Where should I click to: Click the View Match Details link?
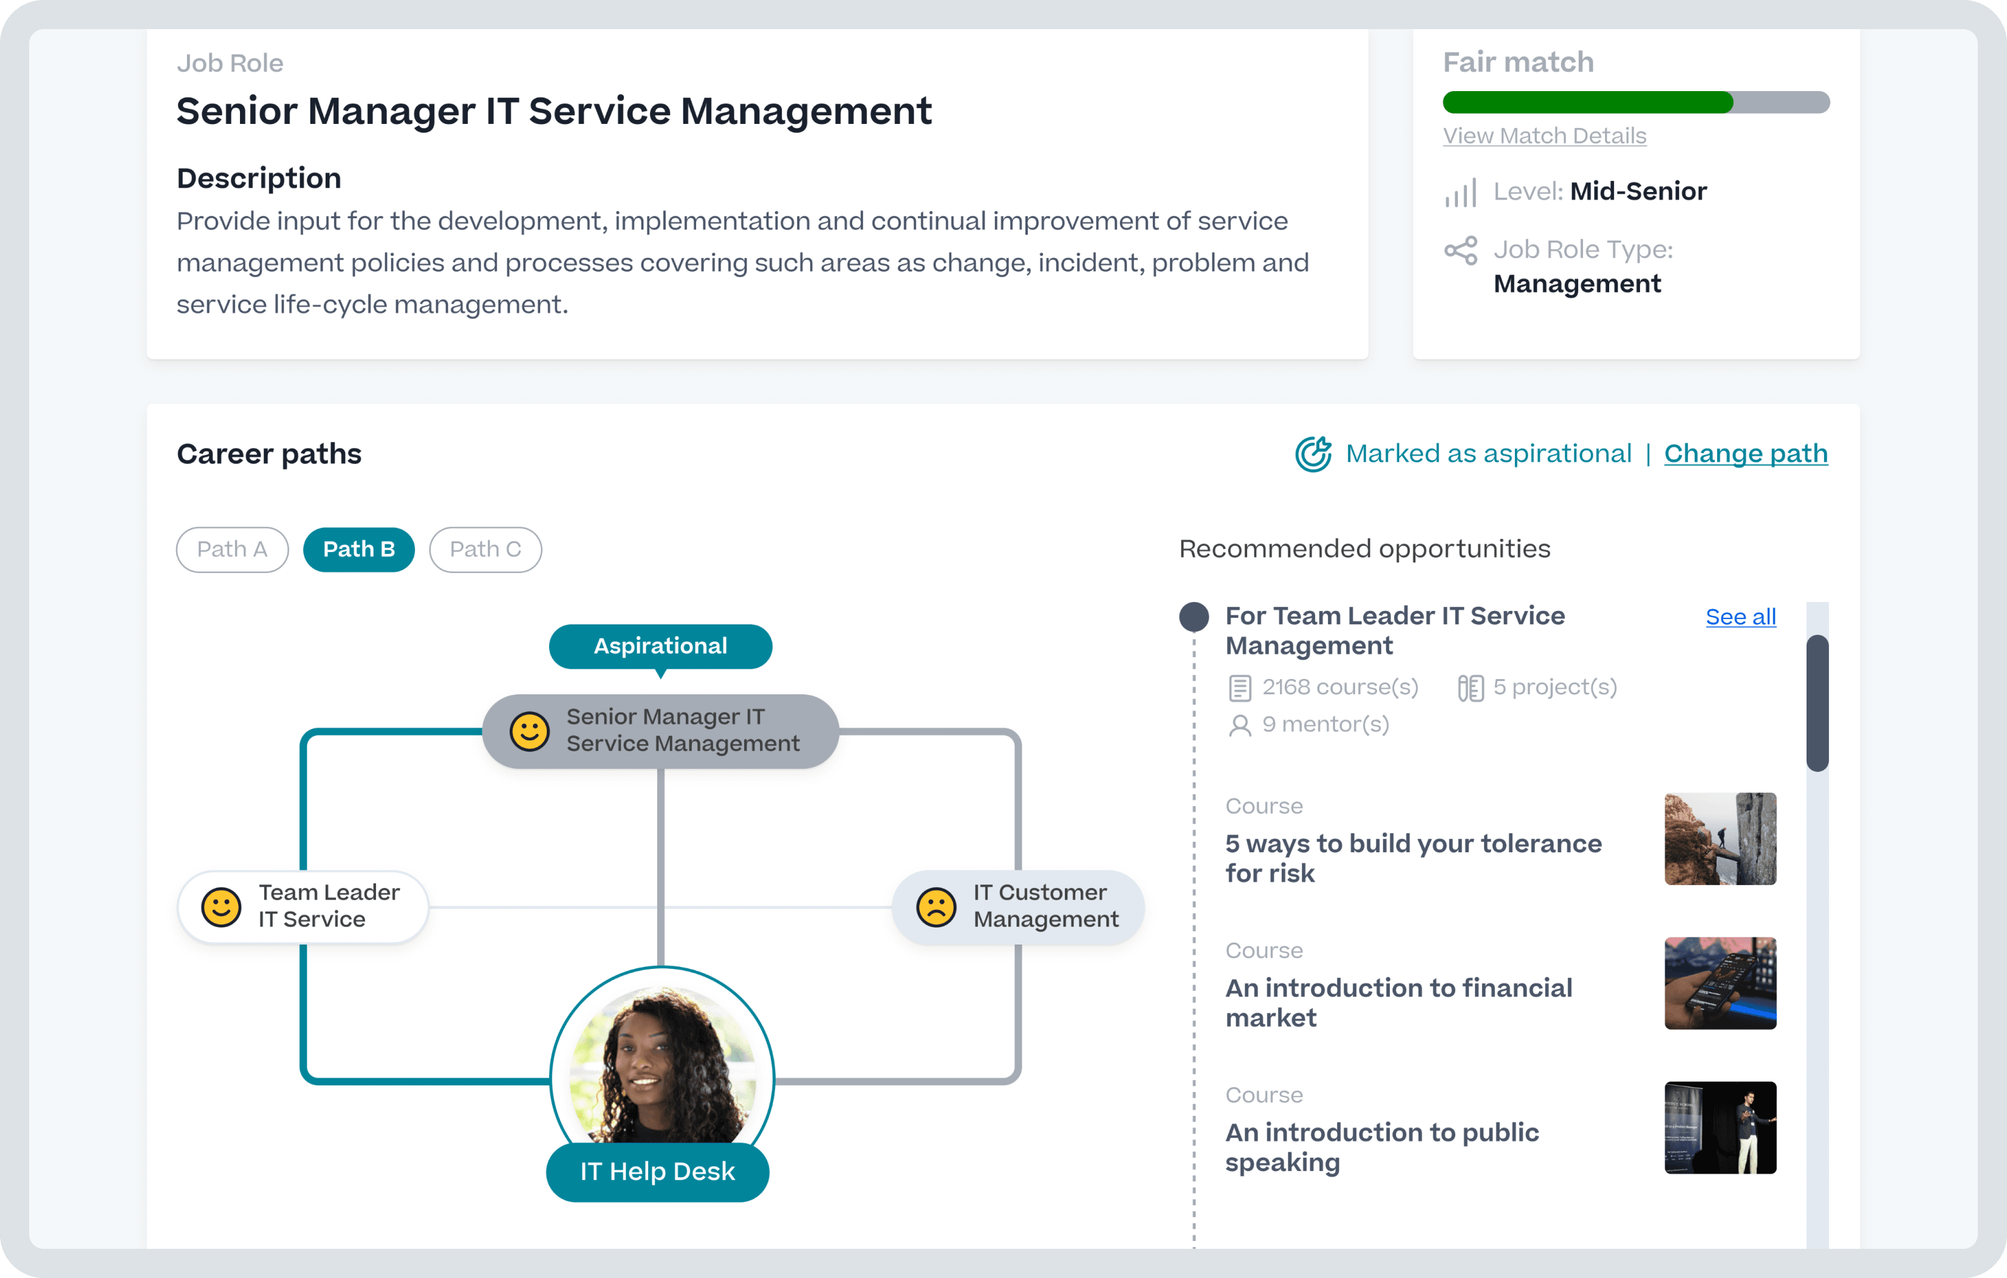tap(1544, 136)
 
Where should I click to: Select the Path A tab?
tap(231, 549)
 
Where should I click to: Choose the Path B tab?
tap(359, 549)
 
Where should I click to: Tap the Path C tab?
tap(485, 549)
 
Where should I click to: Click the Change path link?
tap(1745, 454)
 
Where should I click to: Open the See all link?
tap(1740, 617)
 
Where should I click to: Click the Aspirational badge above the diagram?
tap(660, 646)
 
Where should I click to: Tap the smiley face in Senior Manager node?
tap(529, 731)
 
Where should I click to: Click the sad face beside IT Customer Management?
tap(936, 907)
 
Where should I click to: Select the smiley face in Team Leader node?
tap(221, 907)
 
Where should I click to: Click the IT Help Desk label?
tap(658, 1171)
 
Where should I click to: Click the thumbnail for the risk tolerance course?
tap(1720, 839)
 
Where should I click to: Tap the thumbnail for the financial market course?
tap(1720, 983)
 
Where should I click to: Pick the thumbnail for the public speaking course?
tap(1720, 1127)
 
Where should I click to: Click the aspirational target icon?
tap(1313, 454)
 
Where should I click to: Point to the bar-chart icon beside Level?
tap(1460, 193)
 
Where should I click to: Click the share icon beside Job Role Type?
tap(1460, 250)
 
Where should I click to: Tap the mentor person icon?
tap(1239, 725)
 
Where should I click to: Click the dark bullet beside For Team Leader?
tap(1194, 617)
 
